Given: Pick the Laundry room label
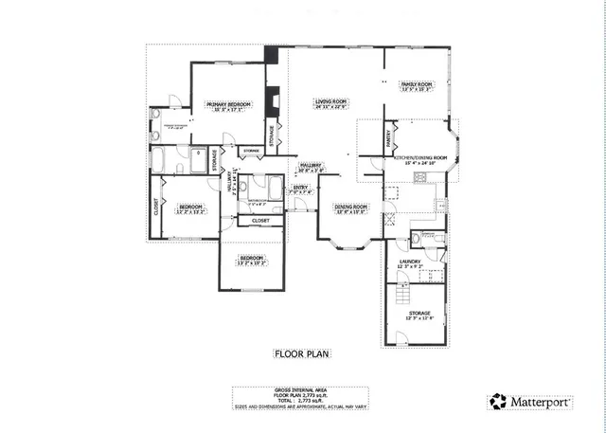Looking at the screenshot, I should pyautogui.click(x=412, y=264).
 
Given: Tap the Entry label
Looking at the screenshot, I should pyautogui.click(x=300, y=188).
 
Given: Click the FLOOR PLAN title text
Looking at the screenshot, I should pyautogui.click(x=302, y=354).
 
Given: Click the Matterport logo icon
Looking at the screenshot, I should pyautogui.click(x=497, y=402).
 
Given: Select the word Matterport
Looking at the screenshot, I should pyautogui.click(x=542, y=402).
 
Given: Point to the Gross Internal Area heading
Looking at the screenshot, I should pyautogui.click(x=302, y=389).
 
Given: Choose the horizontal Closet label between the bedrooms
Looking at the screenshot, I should pyautogui.click(x=260, y=221).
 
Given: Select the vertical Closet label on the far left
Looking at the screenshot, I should pyautogui.click(x=156, y=206).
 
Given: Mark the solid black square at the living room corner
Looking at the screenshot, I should pyautogui.click(x=272, y=56).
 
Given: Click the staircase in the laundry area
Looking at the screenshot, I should pyautogui.click(x=432, y=276).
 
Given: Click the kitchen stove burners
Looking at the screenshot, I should pyautogui.click(x=391, y=202).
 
